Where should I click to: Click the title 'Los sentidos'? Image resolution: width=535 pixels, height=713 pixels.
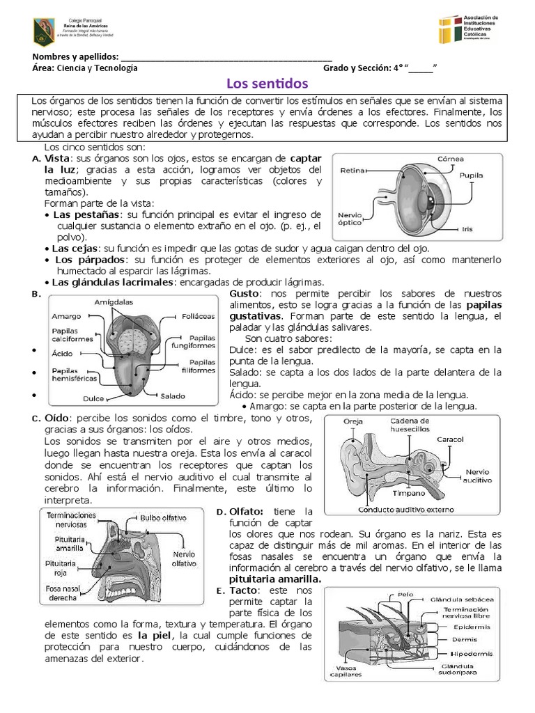coord(267,84)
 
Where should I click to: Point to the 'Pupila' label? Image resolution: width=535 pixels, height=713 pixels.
coord(472,176)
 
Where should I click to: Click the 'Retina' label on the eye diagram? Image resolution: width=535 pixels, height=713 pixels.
coord(352,170)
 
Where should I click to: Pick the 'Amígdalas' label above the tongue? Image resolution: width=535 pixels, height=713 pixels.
coord(115,301)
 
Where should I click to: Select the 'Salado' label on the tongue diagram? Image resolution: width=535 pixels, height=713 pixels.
coord(173,397)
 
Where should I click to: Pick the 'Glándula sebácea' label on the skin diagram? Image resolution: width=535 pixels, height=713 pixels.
coord(463,599)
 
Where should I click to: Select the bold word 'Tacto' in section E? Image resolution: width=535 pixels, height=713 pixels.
coord(243,590)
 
